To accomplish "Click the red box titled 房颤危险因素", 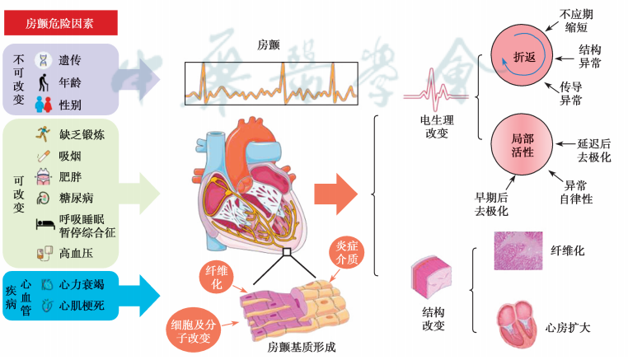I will pyautogui.click(x=59, y=23).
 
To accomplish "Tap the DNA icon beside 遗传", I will pyautogui.click(x=41, y=61).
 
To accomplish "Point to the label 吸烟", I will pyautogui.click(x=70, y=155).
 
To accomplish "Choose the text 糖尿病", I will pyautogui.click(x=76, y=198).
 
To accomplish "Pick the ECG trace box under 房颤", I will pyautogui.click(x=270, y=83).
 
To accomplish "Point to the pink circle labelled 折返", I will pyautogui.click(x=523, y=54).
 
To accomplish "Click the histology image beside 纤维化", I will pyautogui.click(x=518, y=250).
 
